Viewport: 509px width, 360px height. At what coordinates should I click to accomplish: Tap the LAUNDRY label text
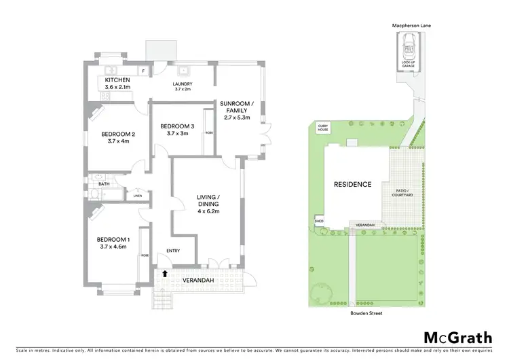[183, 84]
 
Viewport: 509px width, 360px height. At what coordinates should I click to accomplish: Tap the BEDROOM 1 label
[113, 240]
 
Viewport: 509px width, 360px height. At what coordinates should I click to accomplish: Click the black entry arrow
[164, 273]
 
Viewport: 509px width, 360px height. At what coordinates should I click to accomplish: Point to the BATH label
[104, 183]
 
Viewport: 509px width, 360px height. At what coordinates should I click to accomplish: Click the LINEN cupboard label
[138, 196]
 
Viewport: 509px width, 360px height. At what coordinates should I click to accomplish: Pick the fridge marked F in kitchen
[143, 70]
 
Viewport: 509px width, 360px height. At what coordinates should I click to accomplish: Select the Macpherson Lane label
[411, 25]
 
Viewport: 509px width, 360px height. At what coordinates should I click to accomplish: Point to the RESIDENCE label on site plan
[352, 184]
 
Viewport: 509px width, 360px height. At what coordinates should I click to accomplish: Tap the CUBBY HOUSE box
[323, 128]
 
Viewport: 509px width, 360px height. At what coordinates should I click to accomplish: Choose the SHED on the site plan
[319, 221]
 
